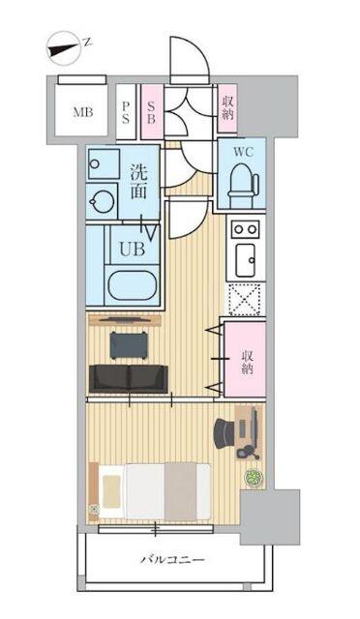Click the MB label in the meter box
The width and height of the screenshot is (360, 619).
click(82, 111)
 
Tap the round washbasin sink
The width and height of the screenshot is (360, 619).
click(101, 201)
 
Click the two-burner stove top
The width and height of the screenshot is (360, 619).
click(243, 229)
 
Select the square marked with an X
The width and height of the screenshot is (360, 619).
click(243, 299)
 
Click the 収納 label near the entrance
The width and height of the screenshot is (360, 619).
click(227, 106)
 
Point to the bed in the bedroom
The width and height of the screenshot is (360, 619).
click(151, 490)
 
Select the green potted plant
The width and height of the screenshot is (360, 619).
click(253, 478)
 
